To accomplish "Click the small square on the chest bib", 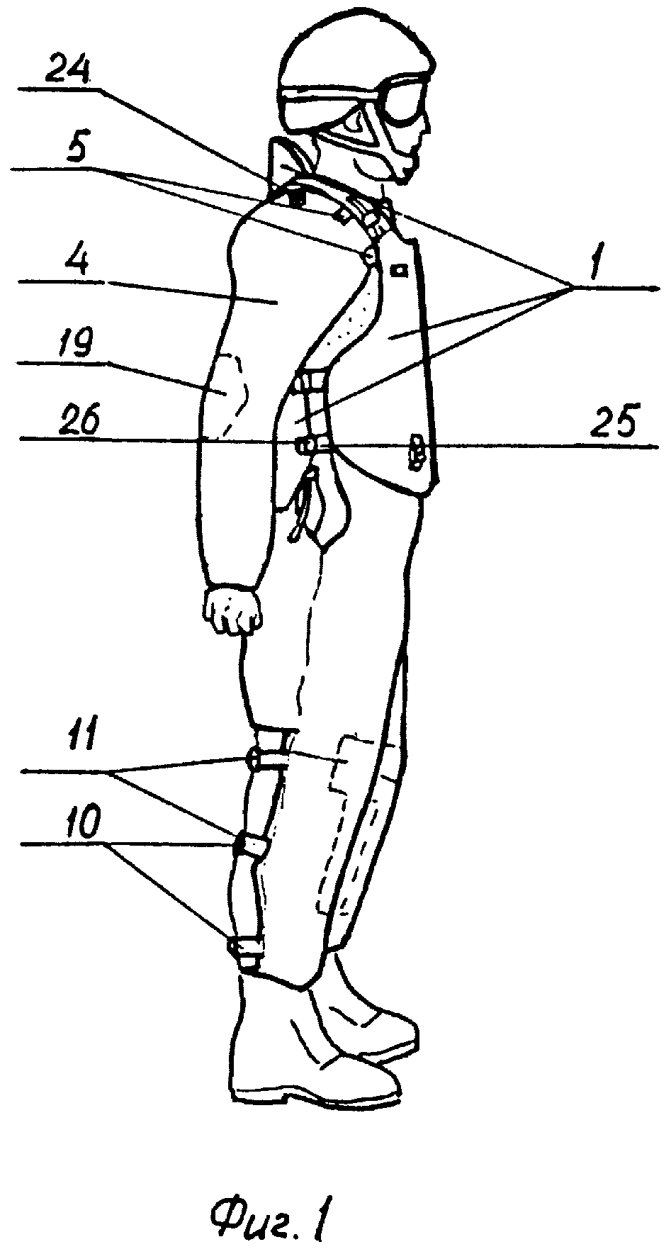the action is tap(401, 270).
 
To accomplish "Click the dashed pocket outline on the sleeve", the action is tap(230, 391).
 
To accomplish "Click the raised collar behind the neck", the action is tap(289, 165).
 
